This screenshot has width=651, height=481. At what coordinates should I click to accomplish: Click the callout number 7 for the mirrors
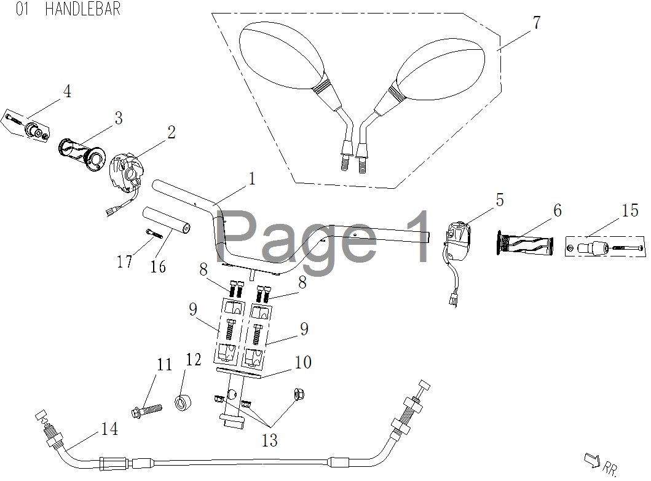click(x=536, y=23)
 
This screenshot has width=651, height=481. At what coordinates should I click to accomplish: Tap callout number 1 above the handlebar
click(x=252, y=178)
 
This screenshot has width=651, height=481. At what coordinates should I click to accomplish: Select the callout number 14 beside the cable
click(x=109, y=429)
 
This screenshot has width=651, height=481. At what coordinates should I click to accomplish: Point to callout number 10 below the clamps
click(x=303, y=362)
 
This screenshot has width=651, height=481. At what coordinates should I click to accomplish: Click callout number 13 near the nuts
click(x=269, y=440)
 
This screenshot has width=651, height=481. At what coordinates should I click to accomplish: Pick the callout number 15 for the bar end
click(x=629, y=211)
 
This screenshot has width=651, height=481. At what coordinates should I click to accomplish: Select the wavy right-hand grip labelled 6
click(x=524, y=244)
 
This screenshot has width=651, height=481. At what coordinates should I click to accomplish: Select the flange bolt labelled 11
click(x=146, y=408)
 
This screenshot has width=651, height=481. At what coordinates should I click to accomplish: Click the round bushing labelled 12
click(x=183, y=403)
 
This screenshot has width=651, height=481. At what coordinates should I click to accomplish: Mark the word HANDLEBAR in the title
click(x=82, y=9)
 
